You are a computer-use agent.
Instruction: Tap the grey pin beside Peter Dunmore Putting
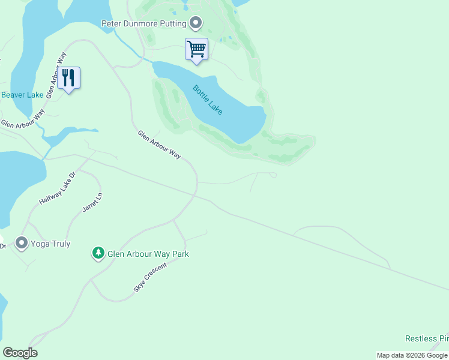pos(196,23)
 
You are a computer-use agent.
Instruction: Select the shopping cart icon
pos(196,49)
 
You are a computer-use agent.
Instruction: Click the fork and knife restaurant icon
pos(69,78)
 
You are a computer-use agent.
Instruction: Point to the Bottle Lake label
pos(208,100)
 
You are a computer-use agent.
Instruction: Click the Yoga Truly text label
pos(51,244)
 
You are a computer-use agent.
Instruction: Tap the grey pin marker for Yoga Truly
pos(22,243)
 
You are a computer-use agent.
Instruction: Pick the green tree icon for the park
pos(98,253)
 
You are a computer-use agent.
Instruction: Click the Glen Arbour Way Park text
pos(148,254)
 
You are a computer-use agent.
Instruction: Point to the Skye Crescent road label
pos(149,277)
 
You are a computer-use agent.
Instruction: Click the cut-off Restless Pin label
pos(427,339)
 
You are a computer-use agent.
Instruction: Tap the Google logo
pos(20,353)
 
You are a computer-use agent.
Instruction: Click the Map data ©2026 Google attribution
pos(412,355)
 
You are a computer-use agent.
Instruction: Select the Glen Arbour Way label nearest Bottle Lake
pos(159,145)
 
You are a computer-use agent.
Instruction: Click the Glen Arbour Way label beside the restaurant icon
pos(56,74)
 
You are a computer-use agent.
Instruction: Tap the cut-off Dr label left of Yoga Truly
pos(3,245)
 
